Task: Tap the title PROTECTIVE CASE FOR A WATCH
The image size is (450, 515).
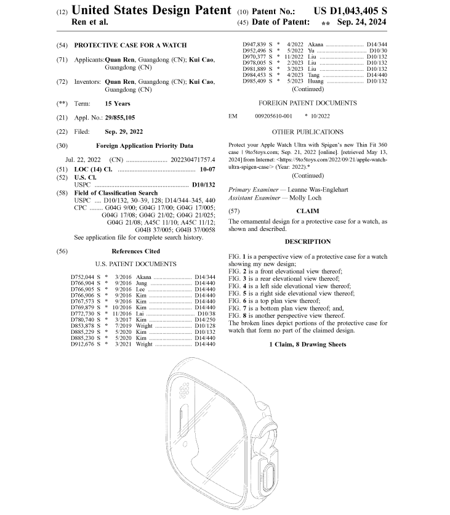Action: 131,45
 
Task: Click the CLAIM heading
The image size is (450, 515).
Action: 307,211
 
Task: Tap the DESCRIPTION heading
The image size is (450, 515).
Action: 307,241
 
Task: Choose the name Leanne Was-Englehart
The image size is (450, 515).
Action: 327,190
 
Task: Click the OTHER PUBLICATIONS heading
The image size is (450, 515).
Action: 307,132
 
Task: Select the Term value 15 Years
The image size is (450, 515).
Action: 118,103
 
